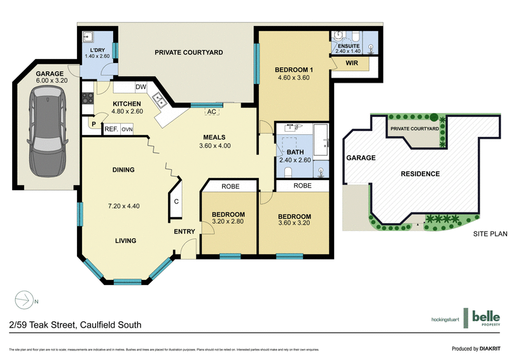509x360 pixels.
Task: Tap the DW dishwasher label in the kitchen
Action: [x=141, y=87]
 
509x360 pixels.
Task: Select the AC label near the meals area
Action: [x=210, y=112]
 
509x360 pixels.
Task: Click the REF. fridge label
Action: [x=111, y=129]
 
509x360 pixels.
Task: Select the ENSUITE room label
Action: [x=349, y=46]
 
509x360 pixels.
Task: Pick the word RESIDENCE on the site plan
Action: [x=419, y=174]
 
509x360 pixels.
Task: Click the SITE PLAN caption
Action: [x=490, y=234]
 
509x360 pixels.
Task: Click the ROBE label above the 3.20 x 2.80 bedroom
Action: [x=230, y=187]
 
